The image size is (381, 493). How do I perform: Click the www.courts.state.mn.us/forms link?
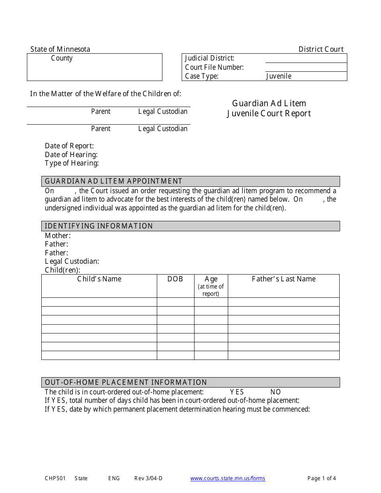tap(227, 478)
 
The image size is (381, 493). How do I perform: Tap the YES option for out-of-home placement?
tap(237, 392)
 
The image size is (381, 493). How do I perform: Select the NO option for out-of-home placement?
tap(276, 392)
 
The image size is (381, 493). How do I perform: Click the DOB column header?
tap(175, 279)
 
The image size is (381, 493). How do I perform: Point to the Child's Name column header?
tap(99, 279)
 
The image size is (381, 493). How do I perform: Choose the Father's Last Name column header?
tap(284, 279)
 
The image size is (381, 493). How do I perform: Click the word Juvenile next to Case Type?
tap(279, 76)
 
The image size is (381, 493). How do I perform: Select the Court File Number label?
tap(214, 67)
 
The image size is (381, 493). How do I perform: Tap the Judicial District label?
tap(210, 58)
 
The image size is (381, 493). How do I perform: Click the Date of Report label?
tap(69, 146)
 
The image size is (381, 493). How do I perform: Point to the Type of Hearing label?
tap(72, 163)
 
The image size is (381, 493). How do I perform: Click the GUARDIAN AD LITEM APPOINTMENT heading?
tap(113, 181)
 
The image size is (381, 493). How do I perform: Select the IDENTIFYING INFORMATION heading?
tap(99, 226)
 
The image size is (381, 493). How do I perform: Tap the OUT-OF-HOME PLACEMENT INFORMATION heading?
tap(126, 382)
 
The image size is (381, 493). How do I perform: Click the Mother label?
tap(58, 236)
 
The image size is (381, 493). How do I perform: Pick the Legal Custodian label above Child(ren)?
tap(72, 261)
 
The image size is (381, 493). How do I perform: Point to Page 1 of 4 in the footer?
tap(322, 478)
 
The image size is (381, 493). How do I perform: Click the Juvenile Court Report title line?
tap(269, 113)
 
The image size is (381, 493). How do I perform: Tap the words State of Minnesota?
tap(60, 49)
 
